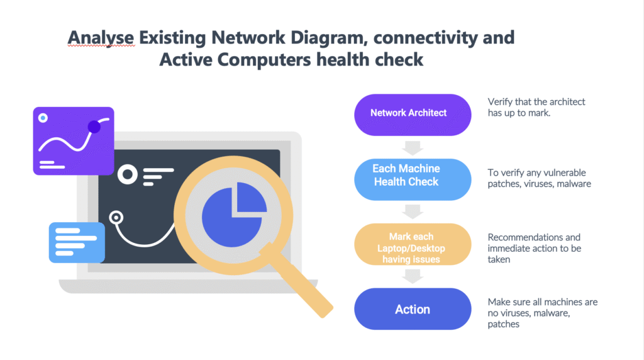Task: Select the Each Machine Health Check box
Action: pos(413,176)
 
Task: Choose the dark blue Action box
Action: pos(413,309)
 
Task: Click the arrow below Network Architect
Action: pos(413,148)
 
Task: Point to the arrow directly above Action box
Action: pos(413,275)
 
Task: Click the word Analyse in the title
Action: pos(101,38)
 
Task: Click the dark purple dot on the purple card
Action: pos(94,127)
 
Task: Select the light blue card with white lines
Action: pos(76,241)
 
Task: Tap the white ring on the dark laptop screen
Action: pos(128,174)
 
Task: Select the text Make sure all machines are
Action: pos(542,302)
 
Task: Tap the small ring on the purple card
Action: pos(43,118)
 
